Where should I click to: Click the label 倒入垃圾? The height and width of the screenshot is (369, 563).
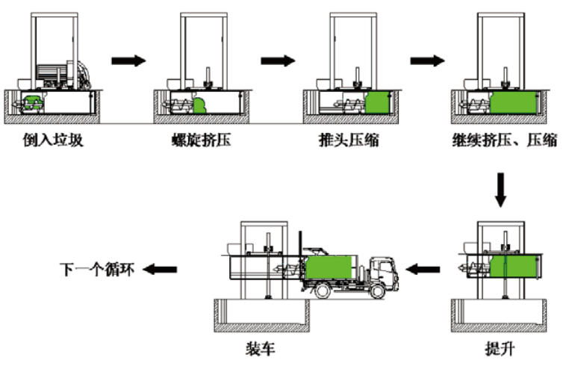pos(52,139)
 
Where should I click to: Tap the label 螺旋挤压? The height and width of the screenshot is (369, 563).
pos(200,139)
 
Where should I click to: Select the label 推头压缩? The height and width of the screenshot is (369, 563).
pos(349,139)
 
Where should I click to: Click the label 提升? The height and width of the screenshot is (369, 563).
pos(500,349)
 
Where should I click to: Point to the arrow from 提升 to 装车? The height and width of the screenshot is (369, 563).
pos(424,268)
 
